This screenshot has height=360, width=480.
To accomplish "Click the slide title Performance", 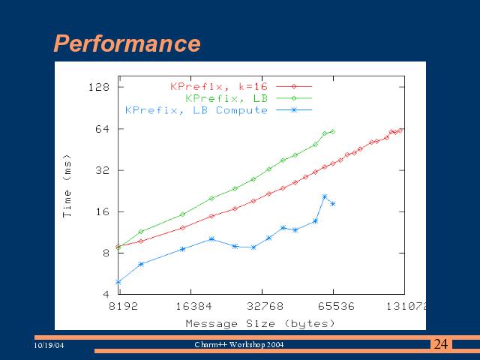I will coord(127,43).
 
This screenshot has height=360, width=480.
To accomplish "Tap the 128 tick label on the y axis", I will coord(99,87).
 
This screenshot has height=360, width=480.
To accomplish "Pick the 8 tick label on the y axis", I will coord(106,253).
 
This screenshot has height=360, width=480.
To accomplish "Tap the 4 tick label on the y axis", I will coord(106,295).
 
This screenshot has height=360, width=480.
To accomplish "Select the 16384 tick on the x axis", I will coord(192,307).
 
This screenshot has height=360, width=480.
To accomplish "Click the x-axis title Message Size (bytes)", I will coord(260,323).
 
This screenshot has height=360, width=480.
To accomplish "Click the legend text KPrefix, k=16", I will coord(218,86).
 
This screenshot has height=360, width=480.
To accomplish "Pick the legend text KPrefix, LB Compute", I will coord(196,110).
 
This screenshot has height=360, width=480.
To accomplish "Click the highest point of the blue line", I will coord(325,196).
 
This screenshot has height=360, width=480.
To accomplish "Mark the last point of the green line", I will coord(332,131).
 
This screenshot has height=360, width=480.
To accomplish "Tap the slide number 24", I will coord(441,344).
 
